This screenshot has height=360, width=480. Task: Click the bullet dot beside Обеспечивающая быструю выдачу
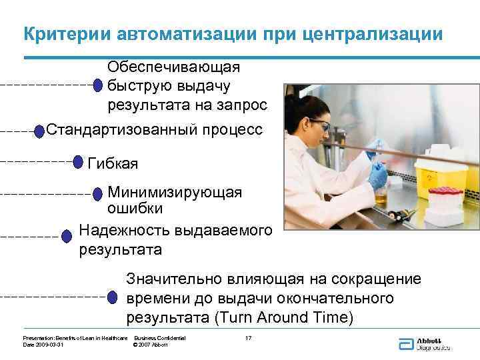97,85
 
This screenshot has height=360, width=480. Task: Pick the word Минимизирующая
175,193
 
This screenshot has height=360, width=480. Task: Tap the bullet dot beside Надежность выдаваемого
66,236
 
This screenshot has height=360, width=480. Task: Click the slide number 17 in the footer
248,339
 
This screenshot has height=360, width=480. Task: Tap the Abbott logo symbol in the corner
405,344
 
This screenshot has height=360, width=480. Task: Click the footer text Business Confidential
159,339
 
